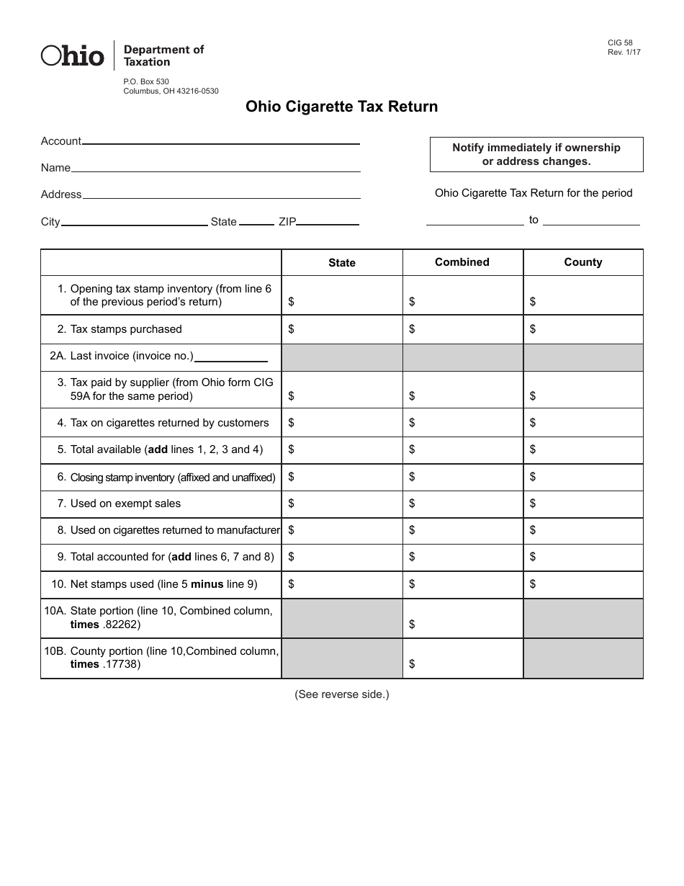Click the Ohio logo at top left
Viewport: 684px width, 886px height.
click(x=72, y=55)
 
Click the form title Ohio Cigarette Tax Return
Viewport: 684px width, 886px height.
click(x=341, y=107)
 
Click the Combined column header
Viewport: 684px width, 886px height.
click(x=462, y=262)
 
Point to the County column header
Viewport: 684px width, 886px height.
click(x=583, y=262)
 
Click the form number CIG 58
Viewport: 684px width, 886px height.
click(x=620, y=43)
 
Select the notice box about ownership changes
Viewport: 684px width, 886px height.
click(x=536, y=154)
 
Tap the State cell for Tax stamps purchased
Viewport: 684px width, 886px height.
click(x=342, y=329)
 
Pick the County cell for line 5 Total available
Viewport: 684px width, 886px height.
click(x=583, y=449)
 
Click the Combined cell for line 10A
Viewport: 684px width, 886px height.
click(x=462, y=619)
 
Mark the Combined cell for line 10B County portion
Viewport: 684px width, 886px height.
click(x=462, y=658)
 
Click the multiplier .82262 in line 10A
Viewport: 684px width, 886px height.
click(x=120, y=625)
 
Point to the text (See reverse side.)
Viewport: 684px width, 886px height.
click(x=341, y=694)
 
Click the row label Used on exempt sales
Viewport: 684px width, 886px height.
click(x=125, y=504)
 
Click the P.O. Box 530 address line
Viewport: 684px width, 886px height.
click(x=146, y=81)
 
